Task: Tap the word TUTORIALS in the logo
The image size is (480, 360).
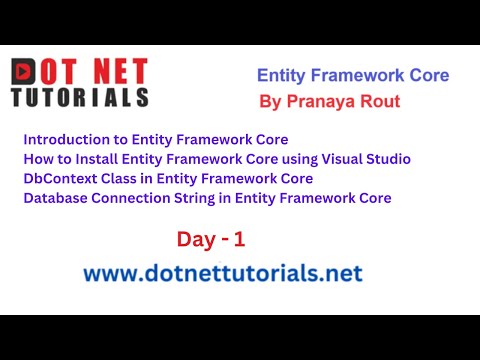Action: (80, 97)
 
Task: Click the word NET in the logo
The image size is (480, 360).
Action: (119, 72)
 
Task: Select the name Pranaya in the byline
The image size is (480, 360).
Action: (326, 101)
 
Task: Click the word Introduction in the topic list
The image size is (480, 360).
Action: (60, 140)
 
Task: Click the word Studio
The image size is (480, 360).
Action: (388, 159)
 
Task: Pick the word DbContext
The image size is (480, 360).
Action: (58, 178)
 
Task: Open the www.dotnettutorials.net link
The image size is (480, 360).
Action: (222, 273)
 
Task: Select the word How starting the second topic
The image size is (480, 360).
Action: (36, 159)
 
